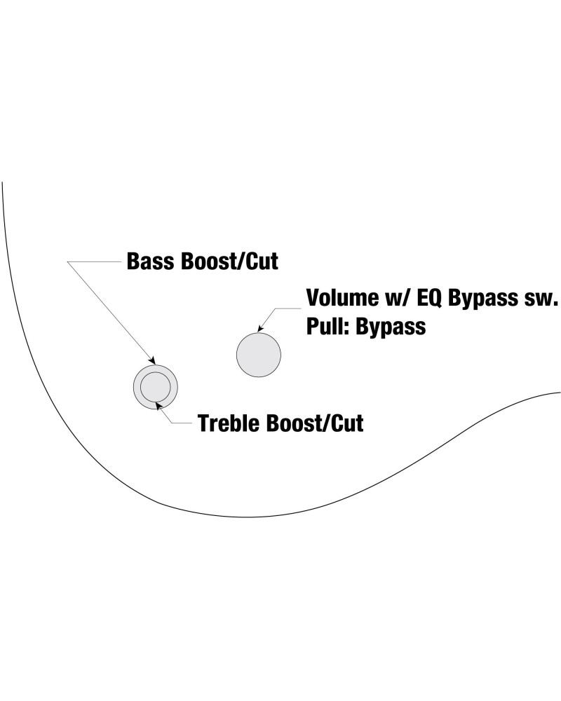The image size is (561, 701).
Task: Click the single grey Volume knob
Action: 259,354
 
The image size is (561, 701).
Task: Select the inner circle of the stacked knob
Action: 155,386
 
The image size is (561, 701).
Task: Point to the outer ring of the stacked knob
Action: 137,386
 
